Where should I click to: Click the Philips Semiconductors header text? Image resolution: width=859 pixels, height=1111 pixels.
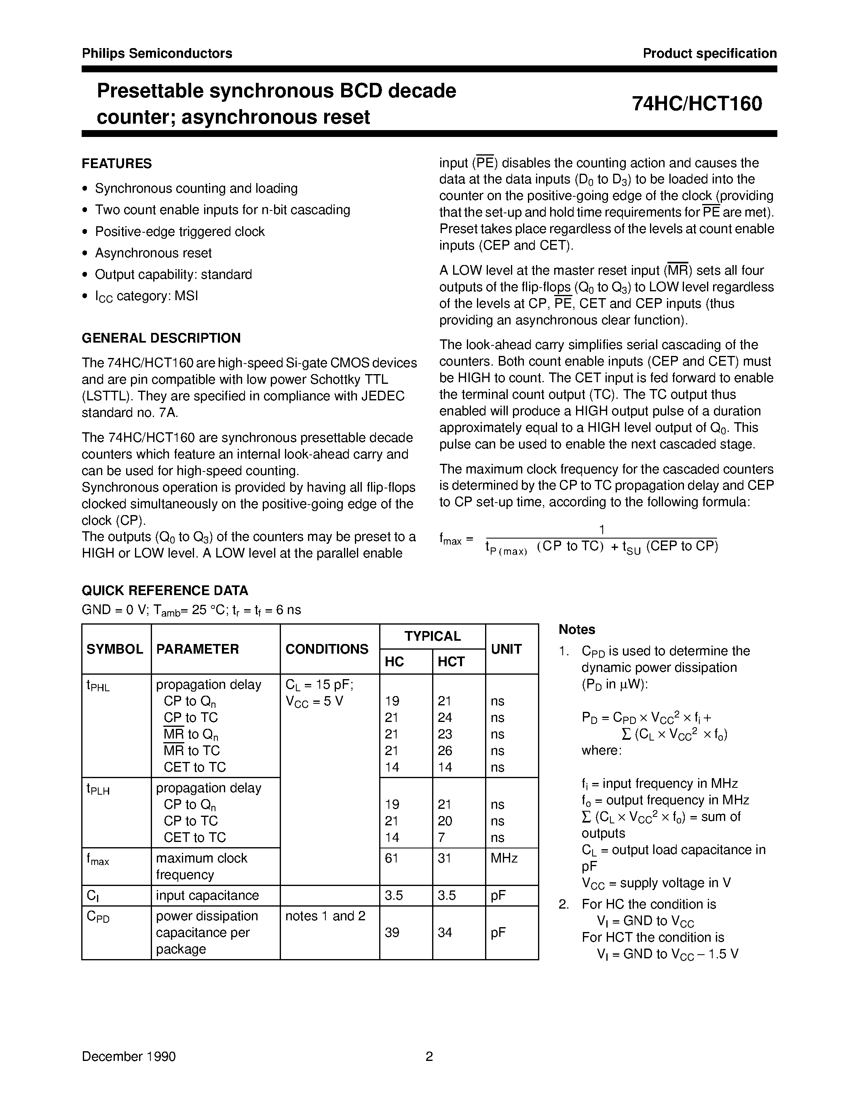tap(157, 53)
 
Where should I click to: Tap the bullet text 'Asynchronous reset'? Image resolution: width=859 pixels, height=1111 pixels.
tap(153, 253)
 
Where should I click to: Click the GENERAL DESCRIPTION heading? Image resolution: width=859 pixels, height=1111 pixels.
tap(161, 338)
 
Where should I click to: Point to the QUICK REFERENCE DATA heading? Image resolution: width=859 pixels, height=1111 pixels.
tap(165, 591)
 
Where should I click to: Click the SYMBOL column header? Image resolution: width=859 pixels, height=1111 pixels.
tap(115, 649)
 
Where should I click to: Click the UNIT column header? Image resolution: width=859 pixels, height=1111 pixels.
tap(507, 649)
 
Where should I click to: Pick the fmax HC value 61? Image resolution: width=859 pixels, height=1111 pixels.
tap(391, 858)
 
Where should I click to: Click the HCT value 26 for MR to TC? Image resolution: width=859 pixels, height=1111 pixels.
tap(445, 751)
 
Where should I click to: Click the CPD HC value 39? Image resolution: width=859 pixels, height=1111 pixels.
tap(391, 932)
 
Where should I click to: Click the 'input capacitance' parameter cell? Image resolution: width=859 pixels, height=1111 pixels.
tap(207, 895)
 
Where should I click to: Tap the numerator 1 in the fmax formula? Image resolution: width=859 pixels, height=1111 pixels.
tap(602, 530)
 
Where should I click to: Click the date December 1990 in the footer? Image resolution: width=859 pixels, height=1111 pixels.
tap(129, 1057)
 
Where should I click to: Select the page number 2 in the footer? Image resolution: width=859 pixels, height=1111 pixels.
tap(429, 1057)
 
